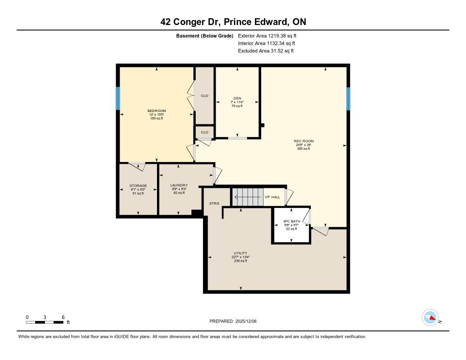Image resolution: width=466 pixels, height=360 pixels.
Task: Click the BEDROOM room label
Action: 157,111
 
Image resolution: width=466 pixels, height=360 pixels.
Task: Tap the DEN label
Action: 237,98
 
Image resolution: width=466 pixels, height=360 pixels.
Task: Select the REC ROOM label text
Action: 304,141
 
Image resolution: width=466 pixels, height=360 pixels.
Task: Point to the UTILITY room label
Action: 240,254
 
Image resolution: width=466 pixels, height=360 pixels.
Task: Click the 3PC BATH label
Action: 292,221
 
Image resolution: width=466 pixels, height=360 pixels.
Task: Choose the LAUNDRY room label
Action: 179,185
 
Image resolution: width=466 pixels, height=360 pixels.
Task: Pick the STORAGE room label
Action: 138,186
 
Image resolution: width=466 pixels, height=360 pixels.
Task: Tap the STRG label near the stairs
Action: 214,203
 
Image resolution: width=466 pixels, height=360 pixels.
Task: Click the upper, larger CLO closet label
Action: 204,96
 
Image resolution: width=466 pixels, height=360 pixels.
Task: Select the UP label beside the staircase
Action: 268,197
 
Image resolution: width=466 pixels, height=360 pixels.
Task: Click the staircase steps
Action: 248,197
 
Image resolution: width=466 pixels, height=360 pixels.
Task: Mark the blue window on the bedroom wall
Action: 118,98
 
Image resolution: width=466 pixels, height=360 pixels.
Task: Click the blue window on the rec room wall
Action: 348,99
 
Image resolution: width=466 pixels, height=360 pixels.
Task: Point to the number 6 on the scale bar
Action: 63,317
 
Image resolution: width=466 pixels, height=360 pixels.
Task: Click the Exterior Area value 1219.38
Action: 277,35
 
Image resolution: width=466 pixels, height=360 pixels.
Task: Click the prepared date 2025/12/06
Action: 246,321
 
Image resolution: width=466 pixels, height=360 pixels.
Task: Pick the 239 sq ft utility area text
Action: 240,261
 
